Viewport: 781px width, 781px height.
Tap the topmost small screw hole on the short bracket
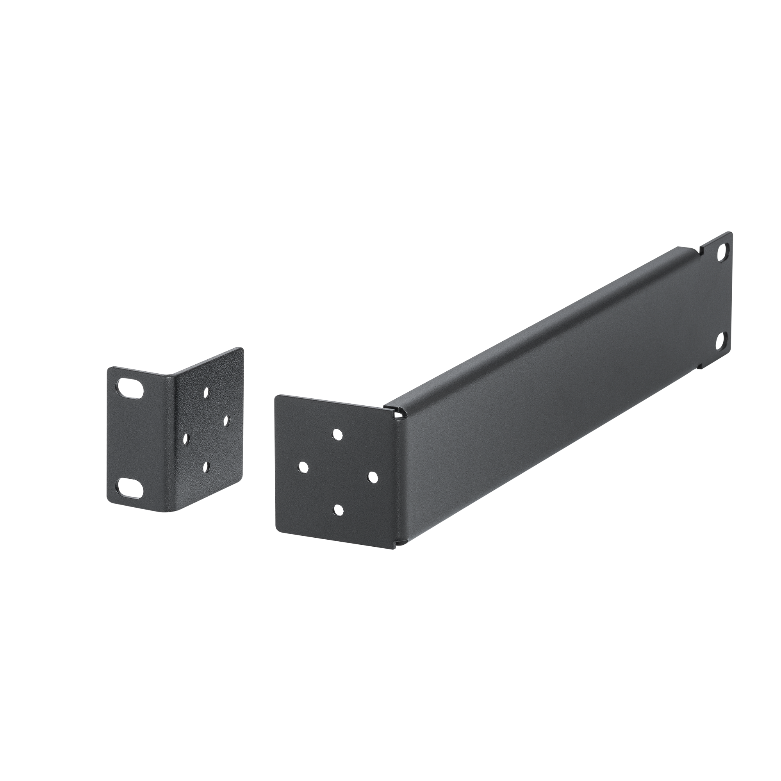pyautogui.click(x=207, y=390)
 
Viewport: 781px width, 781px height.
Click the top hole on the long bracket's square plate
pyautogui.click(x=337, y=433)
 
